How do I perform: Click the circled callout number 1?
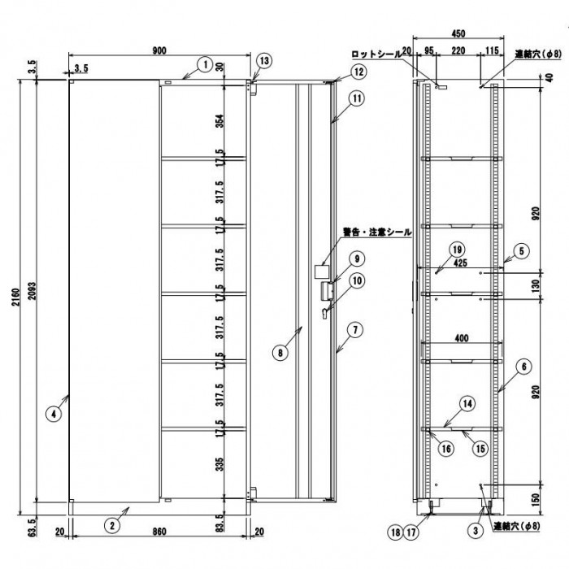pos(206,62)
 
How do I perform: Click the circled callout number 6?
pos(522,367)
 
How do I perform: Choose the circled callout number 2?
pos(114,525)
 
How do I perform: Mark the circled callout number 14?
pos(467,402)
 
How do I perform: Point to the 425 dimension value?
pos(460,263)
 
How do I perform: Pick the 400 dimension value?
pos(460,337)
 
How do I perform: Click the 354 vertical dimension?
pos(220,122)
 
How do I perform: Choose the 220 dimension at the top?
pos(458,50)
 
